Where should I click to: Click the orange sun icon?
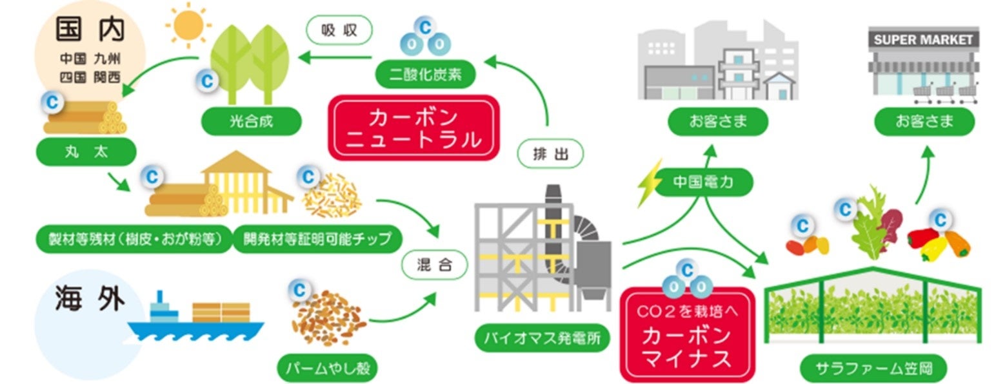[x=188, y=25]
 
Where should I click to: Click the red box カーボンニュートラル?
[x=413, y=128]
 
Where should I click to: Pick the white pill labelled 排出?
[x=550, y=154]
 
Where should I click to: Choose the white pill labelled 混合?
[x=433, y=264]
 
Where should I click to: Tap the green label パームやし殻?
[x=327, y=369]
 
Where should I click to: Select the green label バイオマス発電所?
[x=542, y=340]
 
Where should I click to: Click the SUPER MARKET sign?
[x=923, y=39]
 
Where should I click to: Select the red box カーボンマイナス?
[x=686, y=335]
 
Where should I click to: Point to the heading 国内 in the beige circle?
[x=89, y=30]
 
